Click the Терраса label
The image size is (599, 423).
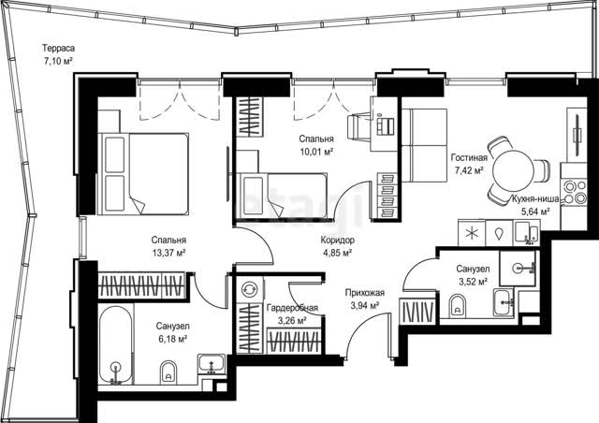point(58,48)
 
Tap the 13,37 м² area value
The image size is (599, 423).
point(168,253)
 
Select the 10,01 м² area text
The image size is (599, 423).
point(316,152)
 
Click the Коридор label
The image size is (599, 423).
point(337,240)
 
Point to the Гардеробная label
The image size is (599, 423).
point(292,308)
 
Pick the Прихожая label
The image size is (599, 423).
point(365,293)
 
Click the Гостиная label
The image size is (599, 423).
point(469,157)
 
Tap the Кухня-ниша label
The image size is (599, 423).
point(535,198)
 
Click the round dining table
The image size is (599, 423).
point(514,171)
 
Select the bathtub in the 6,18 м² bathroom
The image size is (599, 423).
point(115,344)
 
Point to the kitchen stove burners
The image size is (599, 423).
point(574,192)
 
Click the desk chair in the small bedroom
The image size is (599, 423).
point(359,125)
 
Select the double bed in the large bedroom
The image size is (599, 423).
point(143,173)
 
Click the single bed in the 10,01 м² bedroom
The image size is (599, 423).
point(282,196)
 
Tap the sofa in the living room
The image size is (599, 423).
point(424,145)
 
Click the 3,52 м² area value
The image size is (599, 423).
point(473,282)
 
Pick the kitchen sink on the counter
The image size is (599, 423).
point(526,231)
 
